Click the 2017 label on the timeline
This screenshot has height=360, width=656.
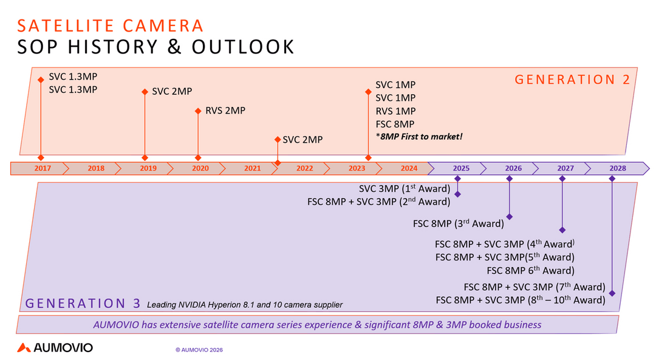pos(43,169)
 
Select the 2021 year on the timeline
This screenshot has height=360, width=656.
pos(252,169)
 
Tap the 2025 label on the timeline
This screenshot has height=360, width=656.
pos(461,169)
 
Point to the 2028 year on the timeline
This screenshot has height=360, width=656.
pos(618,169)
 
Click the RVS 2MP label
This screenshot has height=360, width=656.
pos(225,111)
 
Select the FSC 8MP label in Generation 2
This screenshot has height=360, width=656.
pos(395,124)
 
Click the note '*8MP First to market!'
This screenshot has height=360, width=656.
pos(419,137)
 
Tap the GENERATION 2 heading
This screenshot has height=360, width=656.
pos(572,80)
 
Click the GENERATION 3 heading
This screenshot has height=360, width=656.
pos(83,303)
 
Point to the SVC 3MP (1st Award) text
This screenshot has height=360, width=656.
pos(405,189)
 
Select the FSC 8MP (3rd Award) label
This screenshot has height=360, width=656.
pos(459,223)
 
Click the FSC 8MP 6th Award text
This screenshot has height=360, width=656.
pos(530,271)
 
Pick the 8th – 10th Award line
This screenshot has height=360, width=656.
pos(521,300)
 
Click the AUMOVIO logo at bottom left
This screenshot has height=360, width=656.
pos(55,347)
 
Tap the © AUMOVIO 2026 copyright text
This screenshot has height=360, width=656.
pos(199,350)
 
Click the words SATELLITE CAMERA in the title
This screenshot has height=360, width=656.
pos(110,26)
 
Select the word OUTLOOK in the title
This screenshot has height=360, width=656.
pos(243,47)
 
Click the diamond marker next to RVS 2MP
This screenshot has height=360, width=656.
pos(198,111)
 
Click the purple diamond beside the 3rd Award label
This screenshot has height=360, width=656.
pos(509,217)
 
